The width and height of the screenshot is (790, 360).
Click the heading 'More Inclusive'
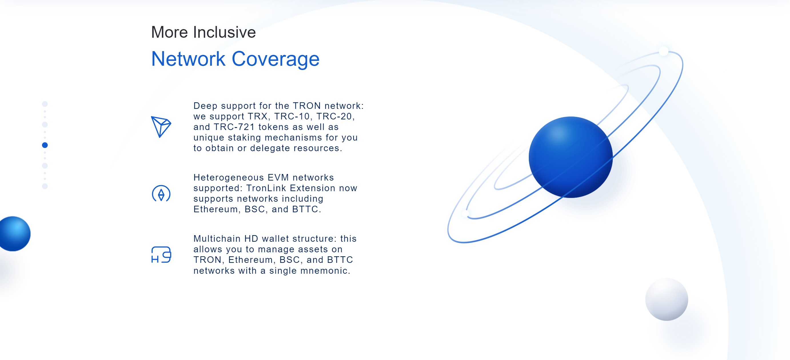(203, 32)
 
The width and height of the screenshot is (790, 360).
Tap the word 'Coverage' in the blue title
(276, 59)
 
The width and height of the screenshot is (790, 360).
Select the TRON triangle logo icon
(161, 127)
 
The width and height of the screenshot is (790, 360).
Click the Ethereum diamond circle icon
(161, 193)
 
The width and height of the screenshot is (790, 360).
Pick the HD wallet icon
(161, 255)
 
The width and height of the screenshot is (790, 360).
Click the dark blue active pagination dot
(45, 145)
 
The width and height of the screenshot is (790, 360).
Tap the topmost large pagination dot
(45, 104)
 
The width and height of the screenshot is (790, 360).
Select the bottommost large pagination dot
(45, 186)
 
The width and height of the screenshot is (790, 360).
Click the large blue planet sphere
(570, 157)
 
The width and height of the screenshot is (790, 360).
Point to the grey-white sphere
(667, 299)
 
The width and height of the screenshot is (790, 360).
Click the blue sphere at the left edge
(14, 234)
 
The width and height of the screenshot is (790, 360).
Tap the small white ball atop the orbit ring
(664, 51)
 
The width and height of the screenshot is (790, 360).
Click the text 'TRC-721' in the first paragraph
(234, 127)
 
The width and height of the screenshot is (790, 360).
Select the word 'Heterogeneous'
(228, 177)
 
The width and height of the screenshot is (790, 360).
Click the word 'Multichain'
(217, 239)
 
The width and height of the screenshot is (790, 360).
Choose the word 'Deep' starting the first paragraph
(205, 106)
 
